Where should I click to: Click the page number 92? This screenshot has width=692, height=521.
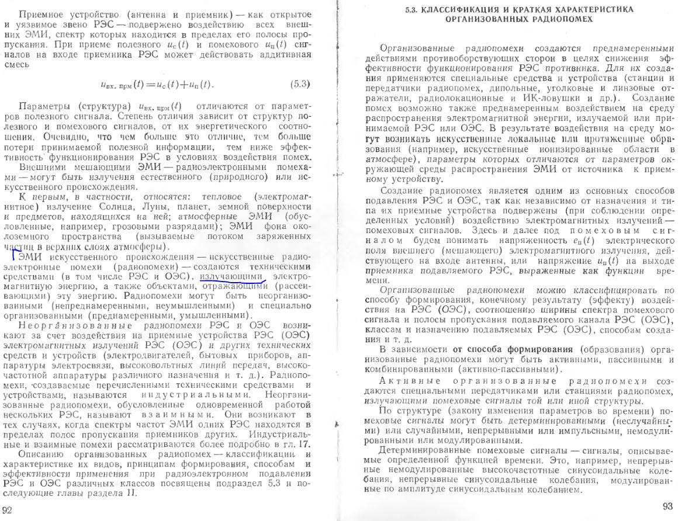click(x=8, y=509)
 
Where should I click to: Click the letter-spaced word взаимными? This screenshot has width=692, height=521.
click(x=183, y=414)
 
